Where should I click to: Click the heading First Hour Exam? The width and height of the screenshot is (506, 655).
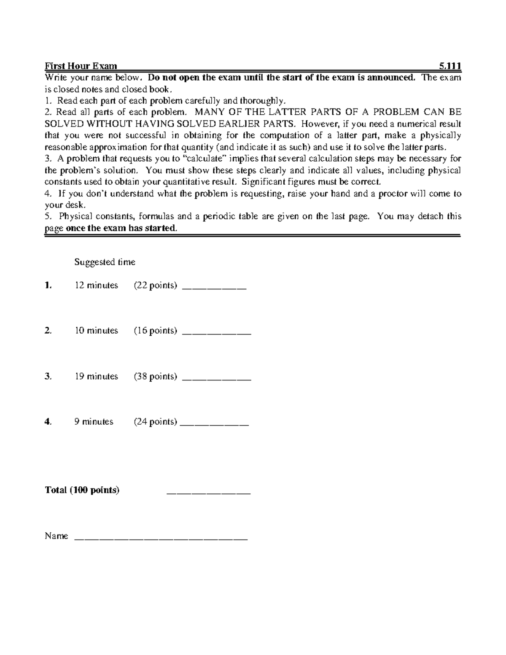81,66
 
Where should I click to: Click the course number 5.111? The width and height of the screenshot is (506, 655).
449,66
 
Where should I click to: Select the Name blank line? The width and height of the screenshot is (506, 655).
161,538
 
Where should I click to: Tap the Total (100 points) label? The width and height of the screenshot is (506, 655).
82,490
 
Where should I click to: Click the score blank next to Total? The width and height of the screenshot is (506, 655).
209,492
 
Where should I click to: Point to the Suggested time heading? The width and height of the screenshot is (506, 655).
105,262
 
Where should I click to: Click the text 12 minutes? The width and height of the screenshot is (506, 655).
96,286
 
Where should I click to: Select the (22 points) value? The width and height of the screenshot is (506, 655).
155,286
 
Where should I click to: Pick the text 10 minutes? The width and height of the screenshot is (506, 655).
96,331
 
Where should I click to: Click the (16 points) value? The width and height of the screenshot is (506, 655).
155,331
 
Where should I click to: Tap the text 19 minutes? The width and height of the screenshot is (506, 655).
96,376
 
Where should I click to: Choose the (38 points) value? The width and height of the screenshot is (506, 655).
155,376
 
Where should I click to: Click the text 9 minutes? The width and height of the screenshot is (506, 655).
94,422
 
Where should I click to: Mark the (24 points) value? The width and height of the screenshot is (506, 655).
155,422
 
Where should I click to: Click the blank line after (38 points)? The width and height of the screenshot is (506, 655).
216,379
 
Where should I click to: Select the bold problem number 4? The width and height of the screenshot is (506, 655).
48,422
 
